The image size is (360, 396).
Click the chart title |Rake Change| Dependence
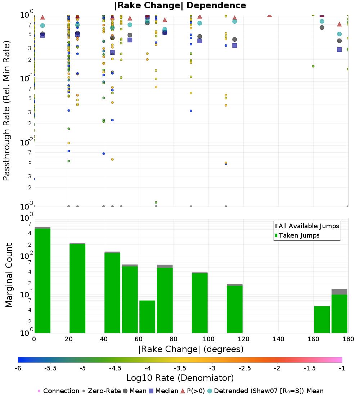coord(180,5)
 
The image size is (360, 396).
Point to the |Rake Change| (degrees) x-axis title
coord(191,349)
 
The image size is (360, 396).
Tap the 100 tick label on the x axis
coord(208,339)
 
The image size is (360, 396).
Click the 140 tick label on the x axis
coord(278,339)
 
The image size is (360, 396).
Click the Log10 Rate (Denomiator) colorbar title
coord(180,378)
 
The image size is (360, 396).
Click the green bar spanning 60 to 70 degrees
coord(147,317)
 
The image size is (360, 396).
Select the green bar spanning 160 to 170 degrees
coord(322,320)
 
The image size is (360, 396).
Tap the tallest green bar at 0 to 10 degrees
coord(42,281)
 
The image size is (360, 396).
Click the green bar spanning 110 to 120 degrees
coord(234,310)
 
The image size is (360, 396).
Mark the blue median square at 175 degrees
coord(339,49)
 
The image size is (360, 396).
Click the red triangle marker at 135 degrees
coord(269,15)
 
